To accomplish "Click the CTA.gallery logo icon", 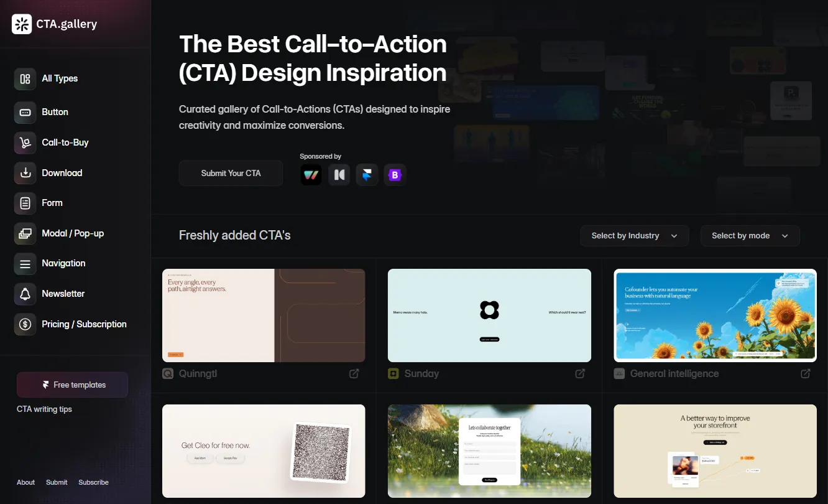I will point(22,24).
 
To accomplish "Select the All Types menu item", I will point(60,78).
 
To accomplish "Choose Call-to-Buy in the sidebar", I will point(65,142).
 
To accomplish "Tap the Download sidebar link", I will point(62,173).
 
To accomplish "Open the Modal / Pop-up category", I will point(72,233).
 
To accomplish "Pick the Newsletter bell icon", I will point(25,294).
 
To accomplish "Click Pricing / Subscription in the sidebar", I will point(84,324).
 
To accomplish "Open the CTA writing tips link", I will point(44,409).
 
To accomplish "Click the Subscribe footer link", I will point(93,482).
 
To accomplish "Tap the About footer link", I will point(26,482).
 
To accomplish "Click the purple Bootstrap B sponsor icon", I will point(395,175).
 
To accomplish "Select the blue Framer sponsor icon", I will point(367,175).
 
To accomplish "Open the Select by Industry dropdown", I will point(634,236).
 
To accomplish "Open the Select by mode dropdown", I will point(750,236).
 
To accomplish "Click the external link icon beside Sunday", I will point(580,373).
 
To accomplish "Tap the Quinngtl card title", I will point(198,373).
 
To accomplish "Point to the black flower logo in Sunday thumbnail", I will point(489,310).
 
